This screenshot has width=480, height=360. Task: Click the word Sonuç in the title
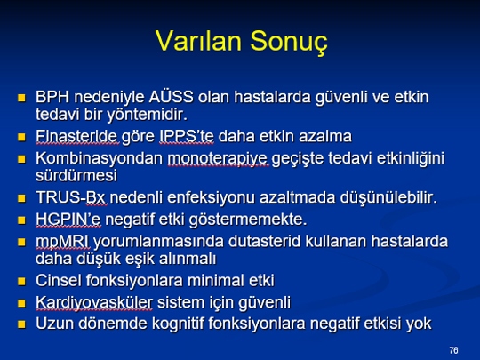pos(289,42)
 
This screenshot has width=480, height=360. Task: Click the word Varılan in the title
pos(198,41)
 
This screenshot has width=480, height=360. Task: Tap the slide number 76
pos(454,350)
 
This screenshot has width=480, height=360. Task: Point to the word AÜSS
pos(172,96)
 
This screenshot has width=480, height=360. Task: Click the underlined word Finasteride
pos(76,136)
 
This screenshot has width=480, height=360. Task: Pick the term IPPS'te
pos(187,136)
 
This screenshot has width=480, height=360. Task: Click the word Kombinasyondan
pos(99,158)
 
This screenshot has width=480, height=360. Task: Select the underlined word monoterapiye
pos(218,159)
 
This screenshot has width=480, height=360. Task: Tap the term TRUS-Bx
pos(72,197)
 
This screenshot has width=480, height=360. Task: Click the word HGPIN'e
pos(68,220)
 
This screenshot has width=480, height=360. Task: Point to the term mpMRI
pos(62,242)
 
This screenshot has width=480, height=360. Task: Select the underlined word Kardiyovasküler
pos(93,303)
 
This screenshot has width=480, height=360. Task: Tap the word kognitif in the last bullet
pos(178,324)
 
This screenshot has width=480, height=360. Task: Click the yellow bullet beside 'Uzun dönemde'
pos(21,324)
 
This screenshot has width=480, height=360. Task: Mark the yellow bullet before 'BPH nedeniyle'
pos(21,98)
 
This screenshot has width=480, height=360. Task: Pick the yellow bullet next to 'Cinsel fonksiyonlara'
pos(21,281)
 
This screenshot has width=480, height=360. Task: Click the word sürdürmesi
pos(76,176)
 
